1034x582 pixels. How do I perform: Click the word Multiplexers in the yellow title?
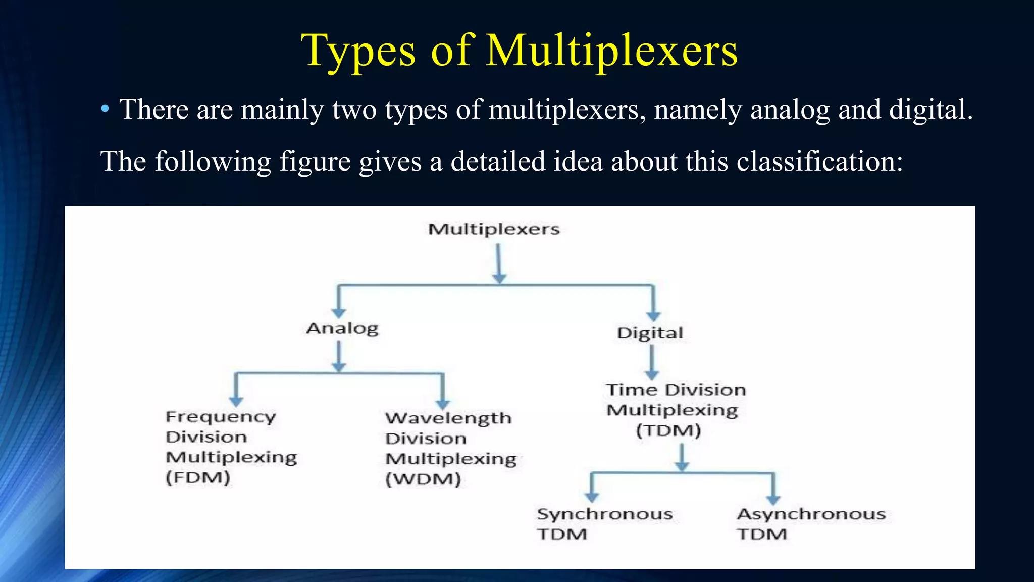pos(611,51)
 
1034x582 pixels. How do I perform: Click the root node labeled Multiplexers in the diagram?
pos(494,229)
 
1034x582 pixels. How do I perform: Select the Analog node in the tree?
pos(342,328)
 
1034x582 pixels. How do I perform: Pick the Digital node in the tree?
pos(650,333)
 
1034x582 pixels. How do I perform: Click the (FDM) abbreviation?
pos(198,477)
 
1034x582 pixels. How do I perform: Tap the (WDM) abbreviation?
pos(423,479)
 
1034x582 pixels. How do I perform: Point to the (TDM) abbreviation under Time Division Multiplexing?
pos(668,430)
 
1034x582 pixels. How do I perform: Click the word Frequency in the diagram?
pos(221,417)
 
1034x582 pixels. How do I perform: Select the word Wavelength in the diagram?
pos(448,418)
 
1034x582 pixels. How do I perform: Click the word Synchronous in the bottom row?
pos(604,514)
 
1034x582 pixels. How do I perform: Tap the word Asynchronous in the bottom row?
pos(811,514)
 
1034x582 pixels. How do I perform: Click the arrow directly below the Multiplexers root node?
pos(499,263)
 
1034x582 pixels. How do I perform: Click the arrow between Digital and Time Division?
pos(652,362)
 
